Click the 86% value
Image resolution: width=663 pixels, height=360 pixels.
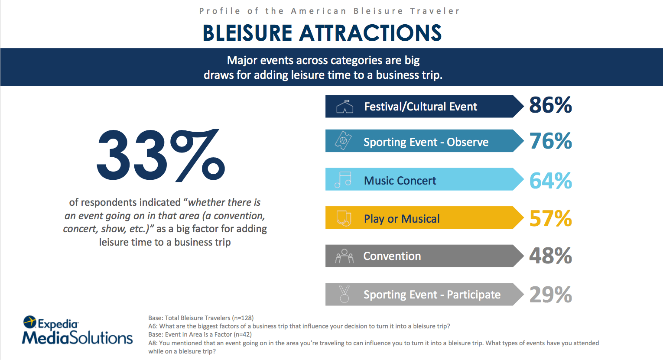pyautogui.click(x=550, y=105)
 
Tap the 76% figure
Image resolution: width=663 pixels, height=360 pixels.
pyautogui.click(x=550, y=141)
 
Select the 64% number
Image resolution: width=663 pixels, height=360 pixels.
pyautogui.click(x=550, y=181)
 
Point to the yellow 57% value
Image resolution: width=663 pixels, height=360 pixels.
pyautogui.click(x=550, y=218)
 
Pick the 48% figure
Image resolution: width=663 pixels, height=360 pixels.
pyautogui.click(x=550, y=256)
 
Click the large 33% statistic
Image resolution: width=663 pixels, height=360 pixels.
pyautogui.click(x=161, y=155)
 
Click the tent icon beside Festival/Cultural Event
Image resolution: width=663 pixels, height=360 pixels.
pyautogui.click(x=345, y=107)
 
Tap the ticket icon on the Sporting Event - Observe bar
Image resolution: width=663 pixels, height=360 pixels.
pyautogui.click(x=343, y=140)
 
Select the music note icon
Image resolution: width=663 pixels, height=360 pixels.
pyautogui.click(x=343, y=179)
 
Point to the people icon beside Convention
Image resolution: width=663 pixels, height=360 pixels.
pyautogui.click(x=344, y=256)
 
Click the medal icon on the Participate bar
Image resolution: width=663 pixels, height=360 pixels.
pyautogui.click(x=344, y=294)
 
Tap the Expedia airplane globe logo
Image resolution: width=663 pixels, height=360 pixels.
pyautogui.click(x=30, y=322)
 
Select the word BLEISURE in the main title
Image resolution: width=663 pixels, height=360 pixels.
pyautogui.click(x=247, y=33)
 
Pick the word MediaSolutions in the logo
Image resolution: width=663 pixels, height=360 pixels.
pyautogui.click(x=77, y=338)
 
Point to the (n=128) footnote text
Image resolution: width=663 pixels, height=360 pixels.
pyautogui.click(x=243, y=318)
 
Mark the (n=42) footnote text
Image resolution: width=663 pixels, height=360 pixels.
pyautogui.click(x=243, y=334)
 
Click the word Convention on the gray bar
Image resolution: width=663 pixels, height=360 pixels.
pyautogui.click(x=392, y=256)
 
